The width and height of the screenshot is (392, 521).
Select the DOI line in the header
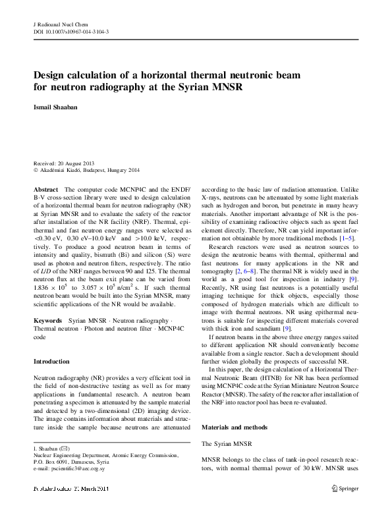point(70,30)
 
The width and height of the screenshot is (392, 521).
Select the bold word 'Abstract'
point(45,189)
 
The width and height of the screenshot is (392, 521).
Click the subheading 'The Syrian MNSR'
point(227,445)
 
